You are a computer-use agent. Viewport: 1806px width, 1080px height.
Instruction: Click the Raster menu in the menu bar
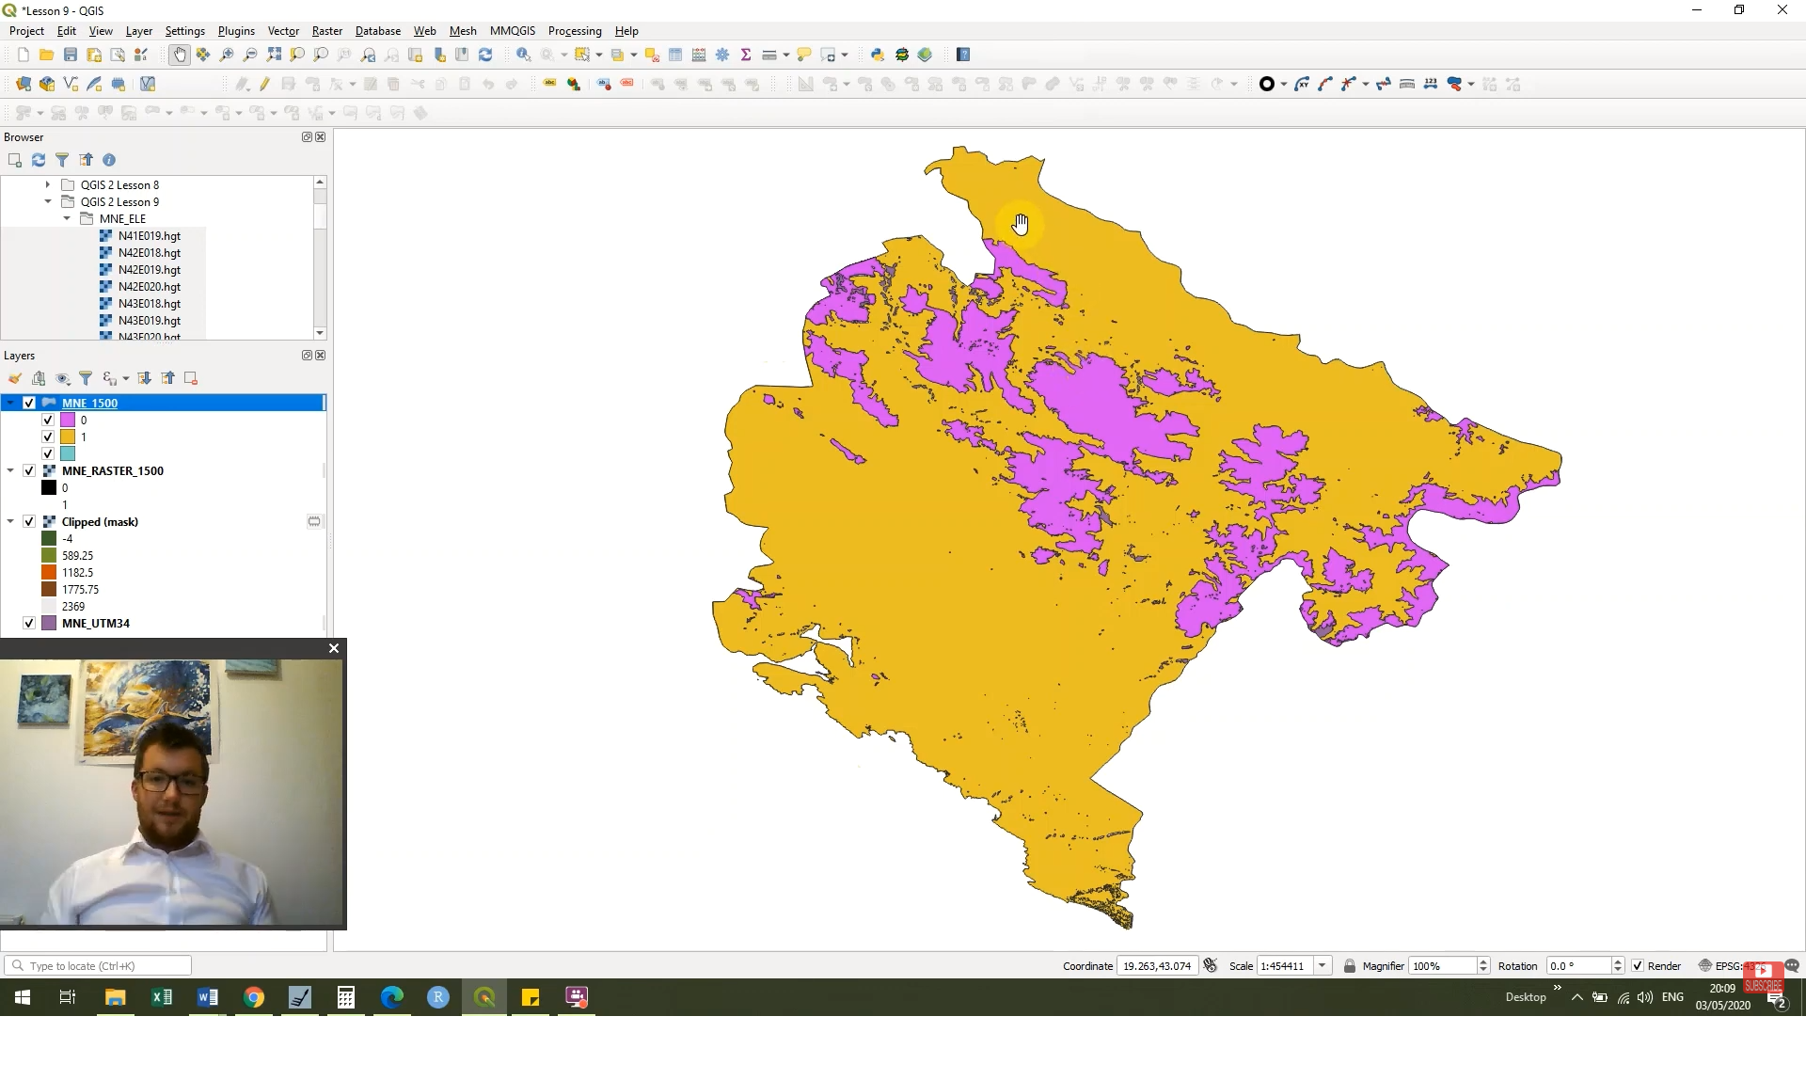pos(326,31)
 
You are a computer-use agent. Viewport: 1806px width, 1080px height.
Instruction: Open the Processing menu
pos(574,31)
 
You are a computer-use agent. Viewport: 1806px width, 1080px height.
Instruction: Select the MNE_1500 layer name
pos(89,403)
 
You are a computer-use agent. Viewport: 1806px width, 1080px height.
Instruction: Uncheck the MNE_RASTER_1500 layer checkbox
pos(29,470)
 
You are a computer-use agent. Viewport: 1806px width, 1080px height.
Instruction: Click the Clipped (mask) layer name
pos(100,521)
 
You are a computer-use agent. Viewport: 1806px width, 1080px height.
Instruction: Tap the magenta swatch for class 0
pos(68,421)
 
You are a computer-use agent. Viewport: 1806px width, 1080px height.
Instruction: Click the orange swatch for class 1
pos(68,437)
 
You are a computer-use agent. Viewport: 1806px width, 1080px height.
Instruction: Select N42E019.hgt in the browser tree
pos(149,270)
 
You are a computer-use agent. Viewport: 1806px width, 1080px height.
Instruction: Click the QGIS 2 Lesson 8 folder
pos(119,185)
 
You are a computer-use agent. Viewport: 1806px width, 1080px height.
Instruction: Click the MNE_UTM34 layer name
pos(95,623)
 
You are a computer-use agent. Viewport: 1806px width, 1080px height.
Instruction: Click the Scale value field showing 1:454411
pos(1284,966)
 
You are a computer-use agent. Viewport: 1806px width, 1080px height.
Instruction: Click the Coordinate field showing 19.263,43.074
pos(1157,966)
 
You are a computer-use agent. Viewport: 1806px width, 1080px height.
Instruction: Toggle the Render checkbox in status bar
pos(1638,966)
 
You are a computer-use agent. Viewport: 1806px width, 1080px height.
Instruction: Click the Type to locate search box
pos(103,966)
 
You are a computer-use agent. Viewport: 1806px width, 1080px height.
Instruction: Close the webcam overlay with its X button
pos(333,648)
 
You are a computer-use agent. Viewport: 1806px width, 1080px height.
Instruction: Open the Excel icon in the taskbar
pos(162,997)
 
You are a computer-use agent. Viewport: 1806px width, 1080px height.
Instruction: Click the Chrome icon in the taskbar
pos(254,997)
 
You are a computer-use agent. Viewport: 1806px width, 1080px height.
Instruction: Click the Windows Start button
pos(23,997)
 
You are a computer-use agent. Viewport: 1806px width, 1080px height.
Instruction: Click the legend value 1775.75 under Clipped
pos(80,590)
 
